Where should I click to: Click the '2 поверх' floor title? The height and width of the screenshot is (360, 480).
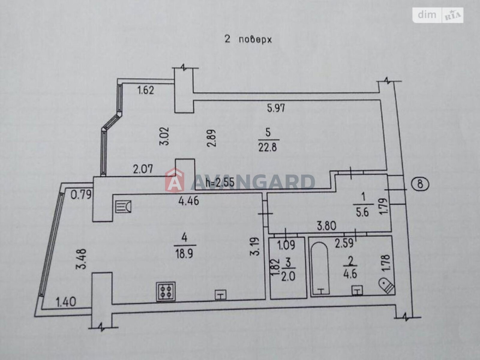coord(248,40)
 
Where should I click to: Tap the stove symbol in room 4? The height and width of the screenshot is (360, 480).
coord(166,291)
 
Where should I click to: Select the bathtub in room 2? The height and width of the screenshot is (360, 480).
coord(320,268)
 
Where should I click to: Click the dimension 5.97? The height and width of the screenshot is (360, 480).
coord(276,108)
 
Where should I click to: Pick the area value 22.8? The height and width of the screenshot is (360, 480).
coord(268,147)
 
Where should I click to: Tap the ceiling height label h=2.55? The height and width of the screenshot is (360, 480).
coord(220,182)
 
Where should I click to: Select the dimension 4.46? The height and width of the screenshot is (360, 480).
coord(189,201)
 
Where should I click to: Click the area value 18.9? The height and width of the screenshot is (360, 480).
coord(184,254)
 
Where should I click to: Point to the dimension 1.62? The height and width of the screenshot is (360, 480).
coord(145,90)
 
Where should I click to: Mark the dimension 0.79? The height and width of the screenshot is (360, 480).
coord(81,195)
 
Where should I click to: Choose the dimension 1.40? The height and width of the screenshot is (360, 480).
coord(66,302)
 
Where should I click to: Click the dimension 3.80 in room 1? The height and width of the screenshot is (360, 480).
coord(326,226)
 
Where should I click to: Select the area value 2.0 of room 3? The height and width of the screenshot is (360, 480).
coord(288,276)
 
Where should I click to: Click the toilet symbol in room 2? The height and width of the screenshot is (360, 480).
coord(387,285)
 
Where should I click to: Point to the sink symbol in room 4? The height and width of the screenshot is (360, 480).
coord(123,207)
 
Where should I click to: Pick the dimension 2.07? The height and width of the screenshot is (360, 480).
coord(143,169)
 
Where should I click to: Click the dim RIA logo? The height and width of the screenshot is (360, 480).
coord(438,15)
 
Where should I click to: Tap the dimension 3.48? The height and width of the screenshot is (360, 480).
coord(81,259)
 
